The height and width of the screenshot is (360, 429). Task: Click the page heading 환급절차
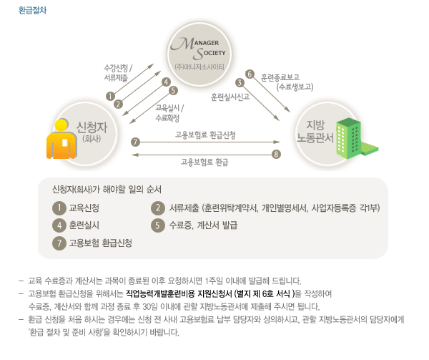[x=33, y=9]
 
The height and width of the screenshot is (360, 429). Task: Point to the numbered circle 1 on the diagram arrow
[x=110, y=96]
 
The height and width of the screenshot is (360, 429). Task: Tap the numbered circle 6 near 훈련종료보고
[x=250, y=73]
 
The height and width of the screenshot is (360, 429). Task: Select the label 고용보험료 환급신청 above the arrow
[x=206, y=134]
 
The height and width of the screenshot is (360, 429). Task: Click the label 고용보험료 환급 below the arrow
[x=204, y=162]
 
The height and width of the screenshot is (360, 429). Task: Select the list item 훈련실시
[x=84, y=225]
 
